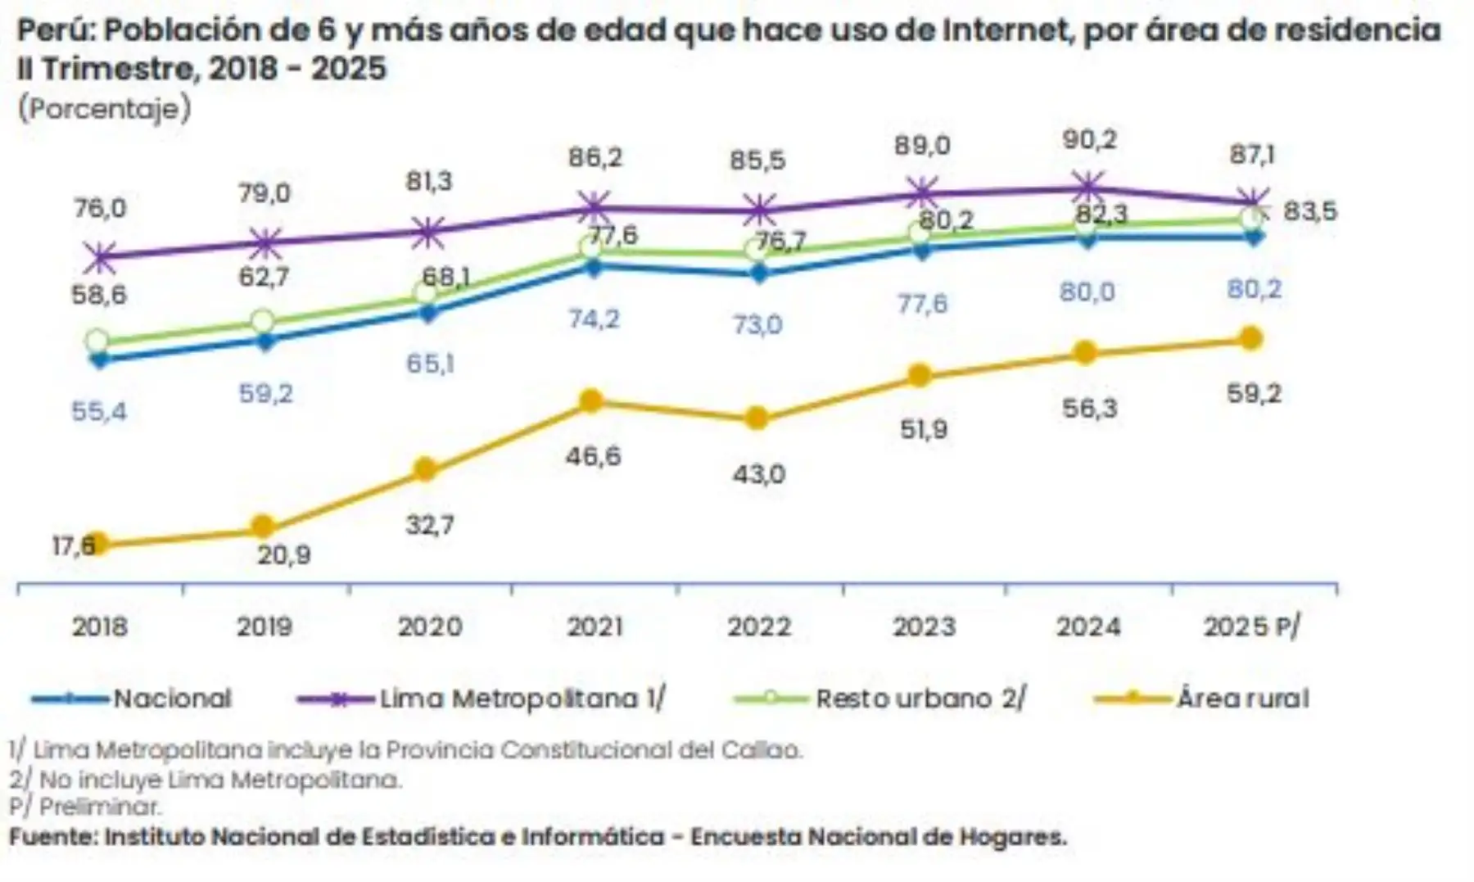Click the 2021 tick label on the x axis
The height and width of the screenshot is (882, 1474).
pyautogui.click(x=595, y=626)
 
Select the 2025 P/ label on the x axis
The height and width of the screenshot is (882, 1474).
pyautogui.click(x=1251, y=626)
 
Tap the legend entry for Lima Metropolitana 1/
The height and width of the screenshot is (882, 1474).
pyautogui.click(x=522, y=699)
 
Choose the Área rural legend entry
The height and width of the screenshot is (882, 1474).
pyautogui.click(x=1242, y=699)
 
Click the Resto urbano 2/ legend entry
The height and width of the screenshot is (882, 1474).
pyautogui.click(x=920, y=699)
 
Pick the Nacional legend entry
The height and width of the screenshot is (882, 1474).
pyautogui.click(x=172, y=699)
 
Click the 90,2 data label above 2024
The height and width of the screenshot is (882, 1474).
pyautogui.click(x=1089, y=140)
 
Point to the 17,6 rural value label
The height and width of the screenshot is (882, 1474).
pyautogui.click(x=73, y=545)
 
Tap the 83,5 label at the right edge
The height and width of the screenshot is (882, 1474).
pyautogui.click(x=1309, y=211)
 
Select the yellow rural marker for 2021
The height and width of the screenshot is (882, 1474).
pyautogui.click(x=591, y=401)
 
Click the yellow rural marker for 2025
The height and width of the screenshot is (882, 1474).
pyautogui.click(x=1250, y=338)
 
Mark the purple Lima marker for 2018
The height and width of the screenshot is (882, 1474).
pyautogui.click(x=100, y=257)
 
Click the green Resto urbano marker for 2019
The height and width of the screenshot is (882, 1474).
pyautogui.click(x=263, y=321)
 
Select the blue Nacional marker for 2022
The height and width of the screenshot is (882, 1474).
pyautogui.click(x=758, y=274)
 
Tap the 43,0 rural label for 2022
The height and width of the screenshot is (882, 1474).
pyautogui.click(x=758, y=474)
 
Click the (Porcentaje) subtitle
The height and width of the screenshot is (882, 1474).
pyautogui.click(x=104, y=108)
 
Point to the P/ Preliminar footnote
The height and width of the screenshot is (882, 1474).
pyautogui.click(x=85, y=807)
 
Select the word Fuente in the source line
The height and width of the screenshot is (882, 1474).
pyautogui.click(x=52, y=837)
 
